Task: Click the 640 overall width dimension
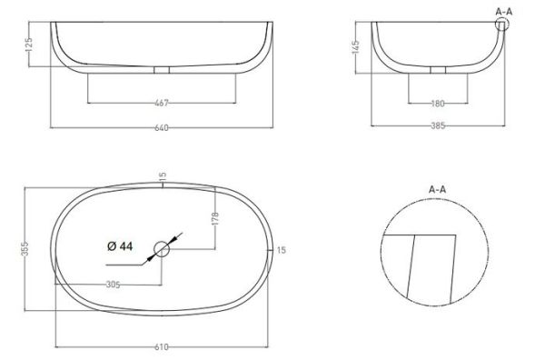tap(161, 126)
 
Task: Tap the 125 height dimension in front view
tap(30, 45)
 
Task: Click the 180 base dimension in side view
tap(439, 103)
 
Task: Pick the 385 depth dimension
tap(439, 126)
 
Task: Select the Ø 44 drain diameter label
tap(121, 247)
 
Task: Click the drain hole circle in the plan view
tap(162, 247)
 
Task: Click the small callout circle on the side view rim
tap(502, 25)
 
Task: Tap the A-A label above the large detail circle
tap(437, 189)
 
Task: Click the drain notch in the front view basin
tap(161, 70)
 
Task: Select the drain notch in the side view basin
tap(439, 70)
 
